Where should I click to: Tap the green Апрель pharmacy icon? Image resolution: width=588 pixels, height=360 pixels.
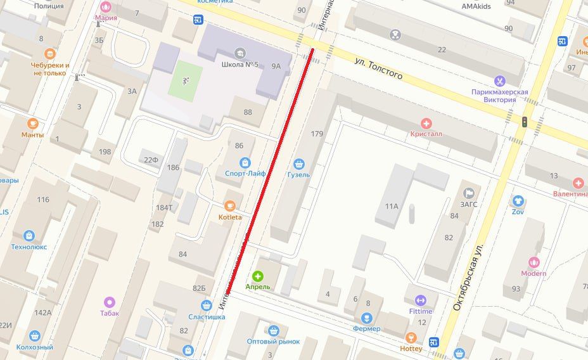coord(258,276)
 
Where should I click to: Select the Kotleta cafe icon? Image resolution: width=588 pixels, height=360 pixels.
coord(231,205)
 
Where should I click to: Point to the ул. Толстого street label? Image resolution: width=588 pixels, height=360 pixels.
coord(378,67)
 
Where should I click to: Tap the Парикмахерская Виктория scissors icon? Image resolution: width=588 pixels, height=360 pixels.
coord(500,80)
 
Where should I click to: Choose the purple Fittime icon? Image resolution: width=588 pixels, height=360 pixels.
coord(420,300)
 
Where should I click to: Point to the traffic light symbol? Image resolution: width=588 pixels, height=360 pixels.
coord(525,122)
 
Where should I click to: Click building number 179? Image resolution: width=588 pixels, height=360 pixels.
coord(317,134)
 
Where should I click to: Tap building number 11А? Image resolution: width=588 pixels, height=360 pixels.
coord(392,206)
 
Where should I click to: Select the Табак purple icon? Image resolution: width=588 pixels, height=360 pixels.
coord(109,302)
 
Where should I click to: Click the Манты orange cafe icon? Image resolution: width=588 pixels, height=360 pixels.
coord(32,124)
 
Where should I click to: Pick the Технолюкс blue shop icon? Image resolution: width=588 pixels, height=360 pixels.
coord(29,236)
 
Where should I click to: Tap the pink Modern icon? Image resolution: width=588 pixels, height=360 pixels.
coord(534,262)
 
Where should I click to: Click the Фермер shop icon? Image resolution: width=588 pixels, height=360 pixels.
coord(367,318)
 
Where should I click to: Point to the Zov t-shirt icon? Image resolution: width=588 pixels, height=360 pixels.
coord(518,201)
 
